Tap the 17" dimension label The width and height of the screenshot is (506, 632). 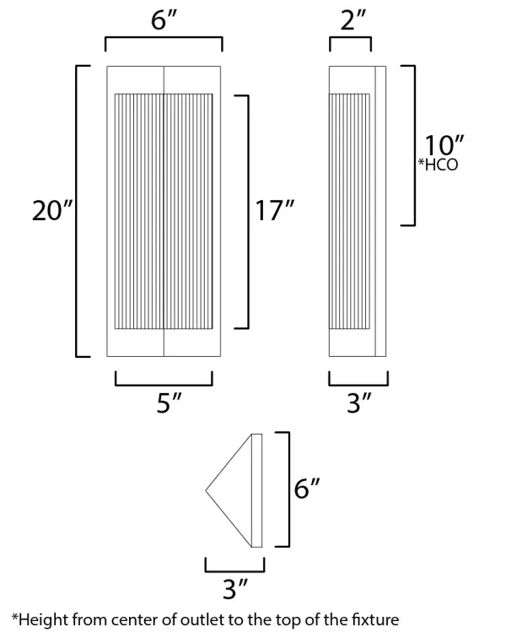click(274, 211)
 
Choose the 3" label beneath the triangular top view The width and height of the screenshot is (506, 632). click(234, 584)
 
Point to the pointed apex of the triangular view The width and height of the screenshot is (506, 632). click(207, 489)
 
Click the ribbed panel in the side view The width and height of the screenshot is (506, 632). click(349, 213)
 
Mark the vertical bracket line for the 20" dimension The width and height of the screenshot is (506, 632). click(78, 211)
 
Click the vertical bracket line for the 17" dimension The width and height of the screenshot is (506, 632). click(249, 211)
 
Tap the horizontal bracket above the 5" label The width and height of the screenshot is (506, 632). click(164, 385)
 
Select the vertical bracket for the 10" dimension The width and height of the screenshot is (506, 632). click(414, 145)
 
